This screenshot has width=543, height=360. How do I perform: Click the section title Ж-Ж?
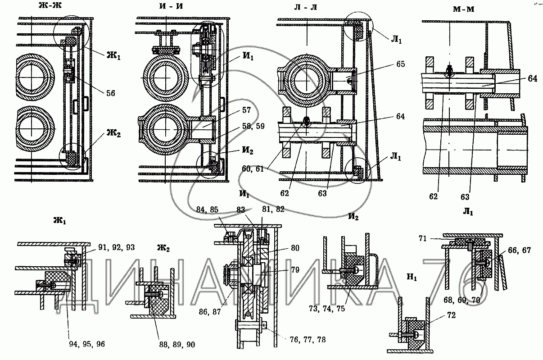(50, 5)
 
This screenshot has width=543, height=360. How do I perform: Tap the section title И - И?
(171, 6)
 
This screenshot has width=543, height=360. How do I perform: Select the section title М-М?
(463, 9)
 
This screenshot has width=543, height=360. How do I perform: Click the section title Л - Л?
(305, 8)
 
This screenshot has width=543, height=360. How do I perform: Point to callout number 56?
(111, 93)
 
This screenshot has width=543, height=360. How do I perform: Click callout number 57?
(246, 110)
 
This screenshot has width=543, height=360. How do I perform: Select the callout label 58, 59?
(253, 126)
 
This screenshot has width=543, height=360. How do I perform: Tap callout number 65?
(401, 64)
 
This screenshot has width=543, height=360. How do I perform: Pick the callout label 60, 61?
(253, 169)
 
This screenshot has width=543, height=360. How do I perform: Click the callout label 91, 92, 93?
(116, 247)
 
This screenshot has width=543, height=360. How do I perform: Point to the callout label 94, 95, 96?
(87, 344)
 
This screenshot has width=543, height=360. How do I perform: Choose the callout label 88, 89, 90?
(177, 345)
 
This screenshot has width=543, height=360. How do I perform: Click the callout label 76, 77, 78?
(308, 340)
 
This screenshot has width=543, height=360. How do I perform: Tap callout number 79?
(295, 270)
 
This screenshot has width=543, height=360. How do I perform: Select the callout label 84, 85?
(207, 210)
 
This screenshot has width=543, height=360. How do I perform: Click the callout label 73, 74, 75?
(327, 309)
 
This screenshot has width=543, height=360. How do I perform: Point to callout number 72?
(451, 315)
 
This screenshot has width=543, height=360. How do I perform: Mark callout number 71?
(422, 239)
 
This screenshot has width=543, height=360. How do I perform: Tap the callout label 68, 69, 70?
(462, 301)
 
